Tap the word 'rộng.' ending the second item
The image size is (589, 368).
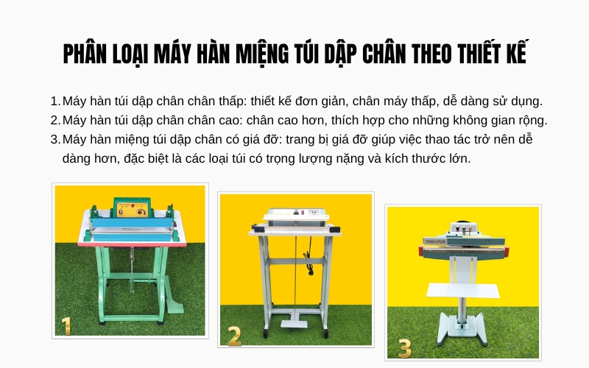[532, 120]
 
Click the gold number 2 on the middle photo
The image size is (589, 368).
[234, 335]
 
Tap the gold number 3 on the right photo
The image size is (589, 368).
[403, 347]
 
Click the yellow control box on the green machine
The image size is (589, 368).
[130, 209]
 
